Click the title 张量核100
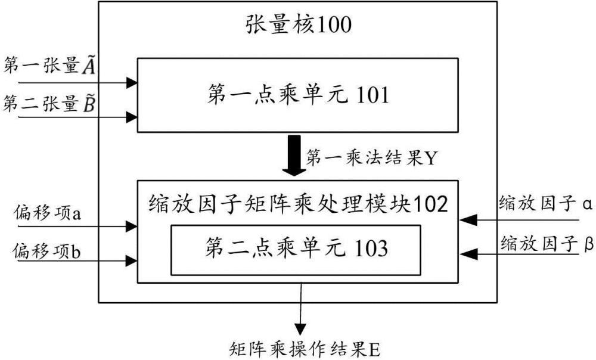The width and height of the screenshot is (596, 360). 299,24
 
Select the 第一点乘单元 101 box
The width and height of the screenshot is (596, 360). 298,95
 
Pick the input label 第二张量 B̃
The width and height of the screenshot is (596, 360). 51,104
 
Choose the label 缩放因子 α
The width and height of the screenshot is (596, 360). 546,205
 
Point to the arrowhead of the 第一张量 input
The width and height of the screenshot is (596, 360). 133,82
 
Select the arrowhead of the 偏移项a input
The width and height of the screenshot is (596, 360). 133,225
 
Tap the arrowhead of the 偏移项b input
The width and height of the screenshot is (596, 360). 133,260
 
